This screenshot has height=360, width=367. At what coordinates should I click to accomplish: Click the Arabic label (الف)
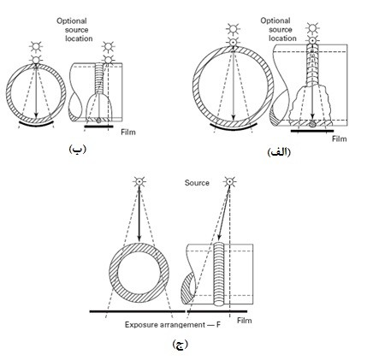tap(279, 152)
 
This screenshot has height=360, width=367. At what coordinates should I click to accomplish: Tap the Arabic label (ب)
tap(77, 149)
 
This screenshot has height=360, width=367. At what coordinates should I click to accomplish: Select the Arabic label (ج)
tap(181, 345)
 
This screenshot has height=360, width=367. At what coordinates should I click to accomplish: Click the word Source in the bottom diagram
tap(197, 183)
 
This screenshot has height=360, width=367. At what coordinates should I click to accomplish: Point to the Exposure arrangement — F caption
tap(173, 324)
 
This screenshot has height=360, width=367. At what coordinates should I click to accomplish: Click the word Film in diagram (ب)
tap(128, 133)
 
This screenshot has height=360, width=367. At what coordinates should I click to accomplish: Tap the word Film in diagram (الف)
tap(340, 139)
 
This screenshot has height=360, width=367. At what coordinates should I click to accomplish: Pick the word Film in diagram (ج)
tap(245, 321)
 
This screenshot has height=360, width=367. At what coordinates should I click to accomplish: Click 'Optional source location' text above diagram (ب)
tap(74, 30)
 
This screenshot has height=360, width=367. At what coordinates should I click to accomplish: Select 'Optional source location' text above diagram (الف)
tap(279, 29)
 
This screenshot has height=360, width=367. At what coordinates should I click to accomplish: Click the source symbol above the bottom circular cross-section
tap(139, 181)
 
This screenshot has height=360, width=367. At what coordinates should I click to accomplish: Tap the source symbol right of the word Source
tap(229, 181)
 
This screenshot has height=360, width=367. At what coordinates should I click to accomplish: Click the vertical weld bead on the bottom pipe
tap(220, 274)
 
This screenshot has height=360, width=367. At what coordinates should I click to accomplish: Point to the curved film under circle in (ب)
tap(36, 125)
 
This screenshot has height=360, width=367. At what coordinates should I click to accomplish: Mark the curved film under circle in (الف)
tap(234, 127)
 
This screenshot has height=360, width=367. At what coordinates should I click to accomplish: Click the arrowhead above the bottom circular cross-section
tap(139, 238)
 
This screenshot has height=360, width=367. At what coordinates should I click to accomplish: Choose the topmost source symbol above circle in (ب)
tap(36, 46)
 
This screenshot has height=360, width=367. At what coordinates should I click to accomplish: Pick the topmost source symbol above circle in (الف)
tap(233, 28)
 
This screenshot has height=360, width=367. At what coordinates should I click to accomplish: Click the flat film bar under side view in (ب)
tap(98, 127)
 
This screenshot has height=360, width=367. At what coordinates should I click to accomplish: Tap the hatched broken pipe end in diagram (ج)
tap(188, 288)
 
